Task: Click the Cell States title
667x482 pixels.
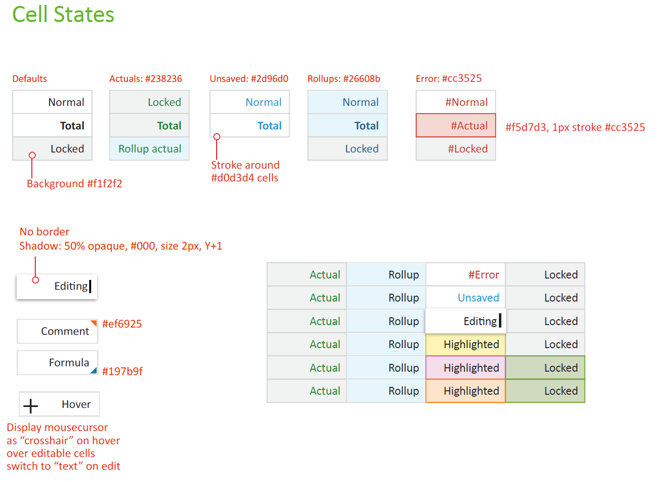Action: click(x=63, y=15)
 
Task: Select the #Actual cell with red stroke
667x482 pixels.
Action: click(x=456, y=126)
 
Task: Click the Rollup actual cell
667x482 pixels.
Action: click(x=149, y=149)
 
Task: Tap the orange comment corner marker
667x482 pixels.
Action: click(x=94, y=323)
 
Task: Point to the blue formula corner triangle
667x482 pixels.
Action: click(x=94, y=371)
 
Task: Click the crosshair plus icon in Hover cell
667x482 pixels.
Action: click(x=31, y=406)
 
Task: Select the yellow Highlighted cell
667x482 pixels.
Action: click(x=466, y=344)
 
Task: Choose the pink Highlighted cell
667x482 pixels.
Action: click(x=466, y=368)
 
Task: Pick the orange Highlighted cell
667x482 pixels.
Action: click(x=466, y=391)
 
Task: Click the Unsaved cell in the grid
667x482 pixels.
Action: click(x=466, y=298)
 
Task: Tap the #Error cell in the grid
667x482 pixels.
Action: click(x=466, y=275)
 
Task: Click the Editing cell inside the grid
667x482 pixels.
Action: click(x=466, y=321)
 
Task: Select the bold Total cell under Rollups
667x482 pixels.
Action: click(x=347, y=126)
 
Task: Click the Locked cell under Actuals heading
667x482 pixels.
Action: click(x=149, y=102)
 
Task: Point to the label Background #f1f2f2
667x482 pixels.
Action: click(x=74, y=184)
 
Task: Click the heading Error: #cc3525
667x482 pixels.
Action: click(x=448, y=78)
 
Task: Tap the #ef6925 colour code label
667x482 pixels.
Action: click(x=122, y=324)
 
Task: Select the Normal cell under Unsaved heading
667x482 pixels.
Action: click(x=249, y=102)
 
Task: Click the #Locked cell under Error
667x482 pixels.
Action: click(x=456, y=149)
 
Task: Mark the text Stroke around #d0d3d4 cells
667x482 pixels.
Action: click(x=245, y=171)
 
